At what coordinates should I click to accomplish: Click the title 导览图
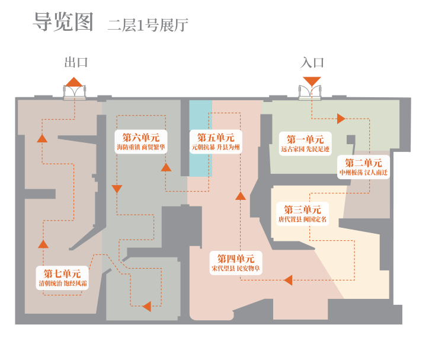pyautogui.click(x=63, y=23)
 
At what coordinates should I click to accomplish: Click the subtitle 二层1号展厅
pyautogui.click(x=148, y=25)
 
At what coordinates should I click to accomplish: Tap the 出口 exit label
pyautogui.click(x=76, y=62)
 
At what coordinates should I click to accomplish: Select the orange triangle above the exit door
pyautogui.click(x=74, y=81)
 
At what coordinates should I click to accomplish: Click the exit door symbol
pyautogui.click(x=75, y=92)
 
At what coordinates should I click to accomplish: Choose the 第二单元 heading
pyautogui.click(x=363, y=163)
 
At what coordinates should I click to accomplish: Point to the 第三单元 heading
pyautogui.click(x=302, y=209)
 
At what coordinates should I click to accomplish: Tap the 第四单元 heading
pyautogui.click(x=235, y=259)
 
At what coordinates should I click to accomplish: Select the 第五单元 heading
pyautogui.click(x=216, y=137)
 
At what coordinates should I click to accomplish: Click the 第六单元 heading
pyautogui.click(x=141, y=137)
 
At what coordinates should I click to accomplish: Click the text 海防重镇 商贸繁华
pyautogui.click(x=141, y=147)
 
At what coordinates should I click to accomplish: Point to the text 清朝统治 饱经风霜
pyautogui.click(x=63, y=283)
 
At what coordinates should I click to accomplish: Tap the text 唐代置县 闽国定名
pyautogui.click(x=302, y=219)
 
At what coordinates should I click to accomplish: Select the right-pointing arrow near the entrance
pyautogui.click(x=341, y=119)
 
